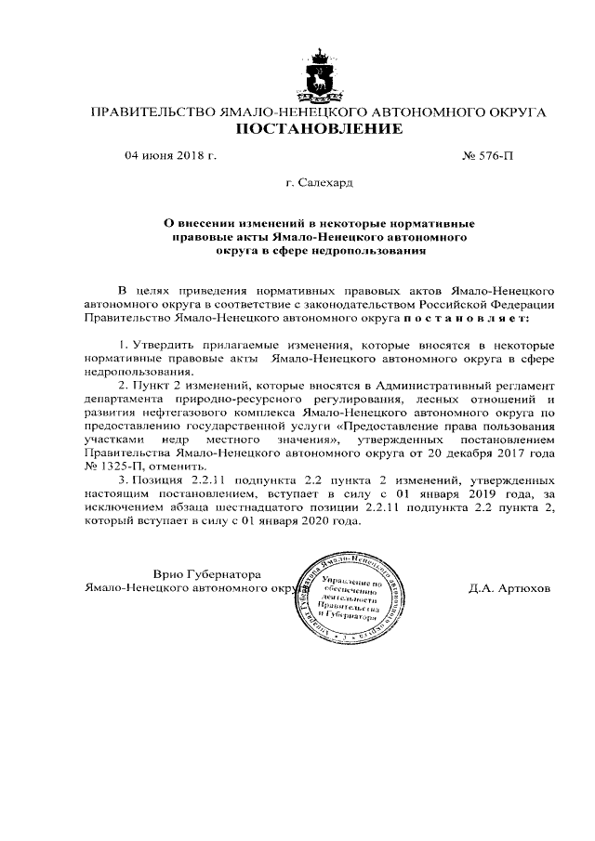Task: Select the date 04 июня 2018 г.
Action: click(170, 155)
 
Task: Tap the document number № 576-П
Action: click(486, 155)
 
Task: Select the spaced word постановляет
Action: click(464, 317)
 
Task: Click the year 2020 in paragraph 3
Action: click(315, 521)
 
